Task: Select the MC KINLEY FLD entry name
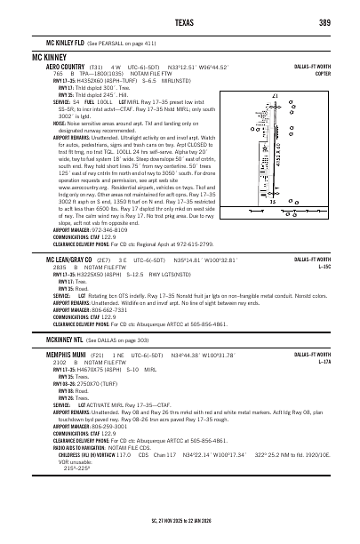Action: (65, 42)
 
